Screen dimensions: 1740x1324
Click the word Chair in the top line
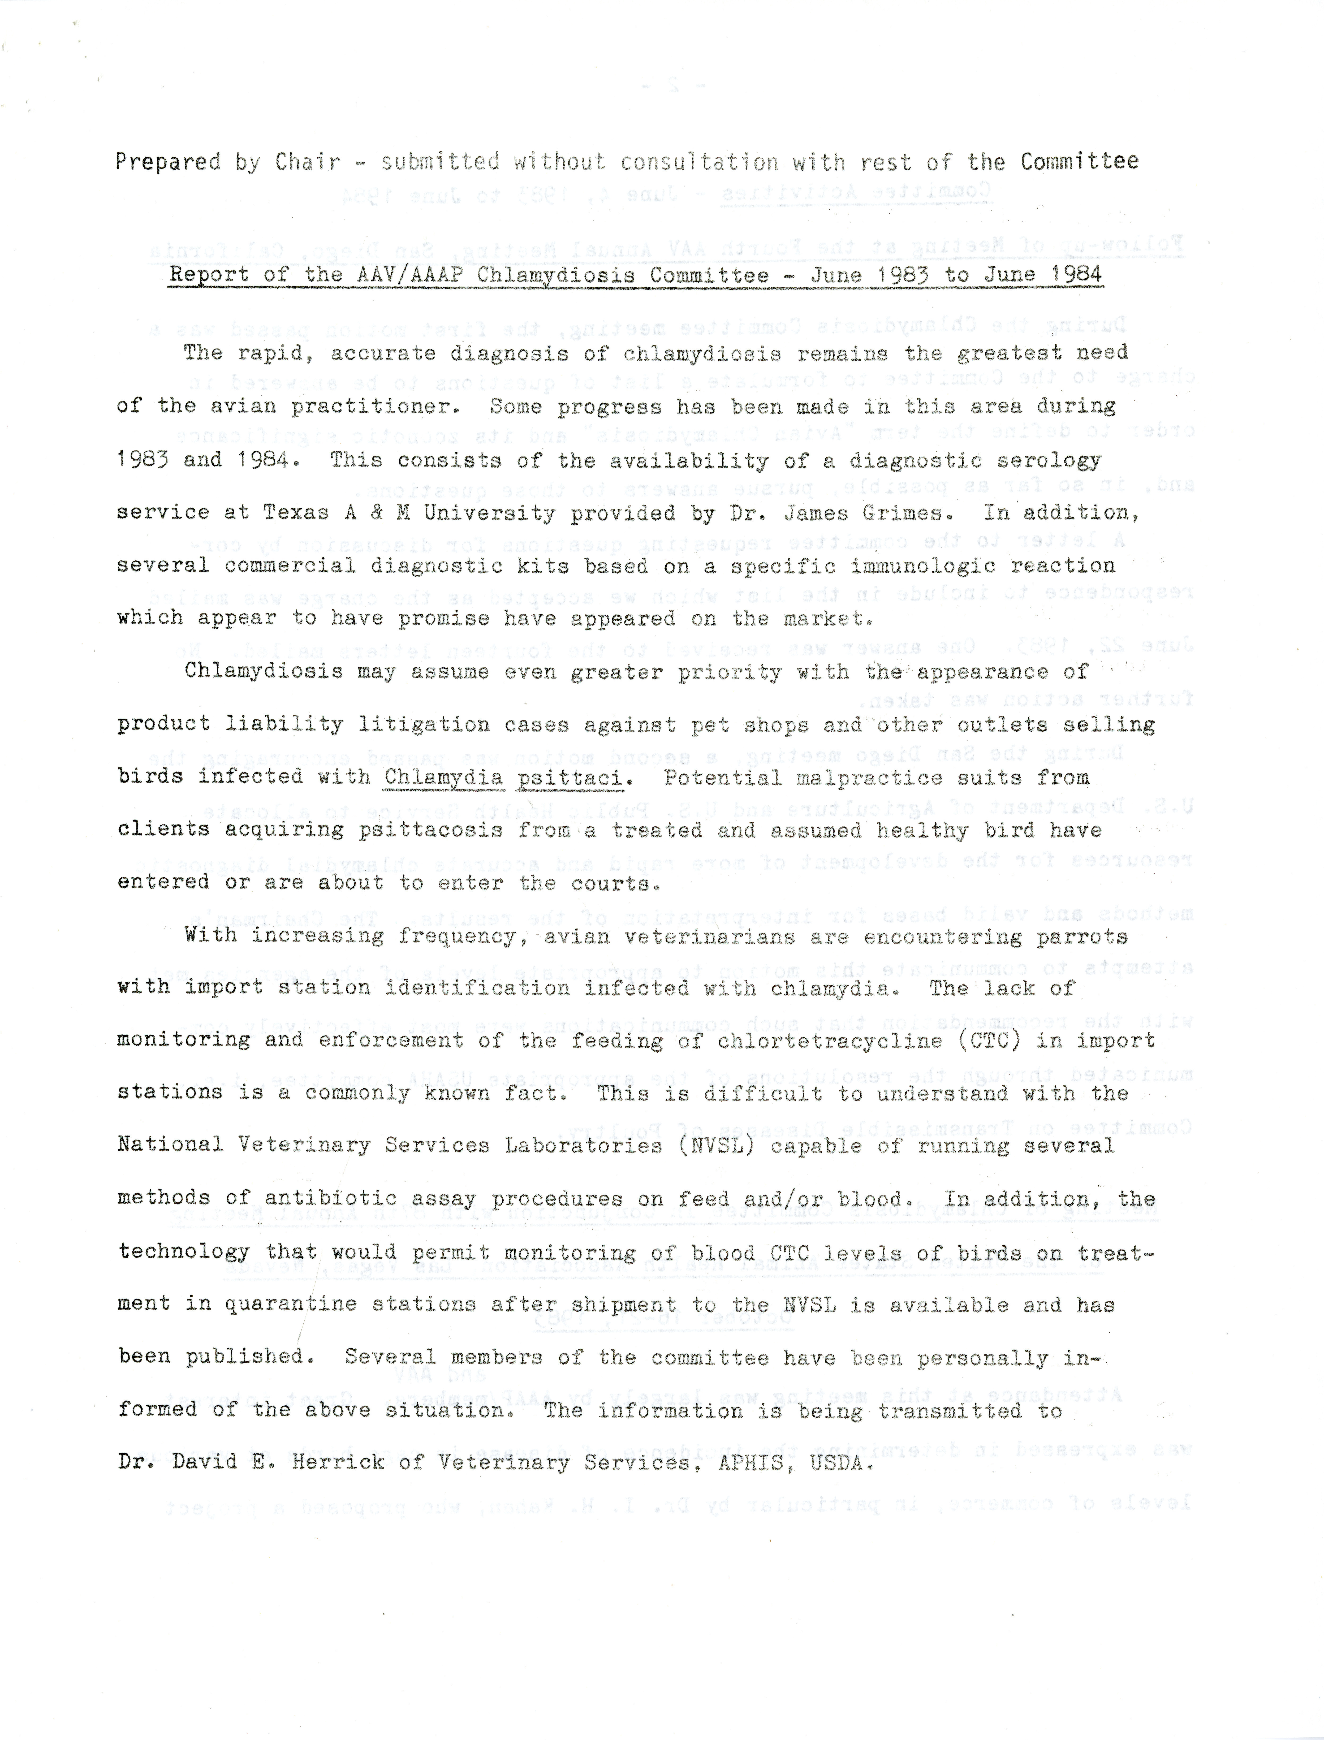[x=308, y=162]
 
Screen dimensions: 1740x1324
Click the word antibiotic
[x=331, y=1199]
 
